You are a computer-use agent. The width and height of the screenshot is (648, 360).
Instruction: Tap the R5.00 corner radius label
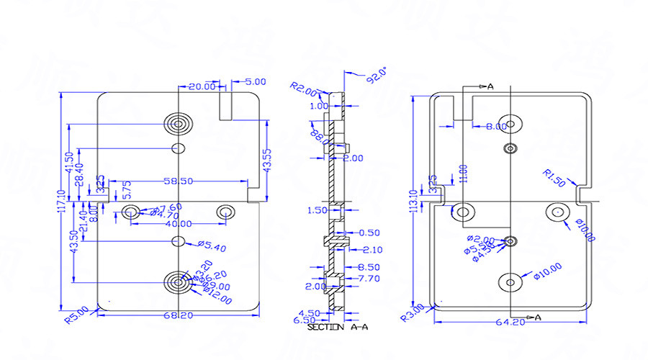pyautogui.click(x=78, y=314)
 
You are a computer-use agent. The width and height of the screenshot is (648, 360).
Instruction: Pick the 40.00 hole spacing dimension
pyautogui.click(x=178, y=224)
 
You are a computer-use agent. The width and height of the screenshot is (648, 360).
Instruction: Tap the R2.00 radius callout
pyautogui.click(x=303, y=90)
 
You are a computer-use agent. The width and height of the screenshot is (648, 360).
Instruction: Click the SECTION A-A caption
pyautogui.click(x=338, y=328)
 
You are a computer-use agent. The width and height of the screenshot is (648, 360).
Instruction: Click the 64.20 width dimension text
pyautogui.click(x=510, y=323)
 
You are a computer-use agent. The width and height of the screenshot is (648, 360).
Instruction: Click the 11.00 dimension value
pyautogui.click(x=464, y=173)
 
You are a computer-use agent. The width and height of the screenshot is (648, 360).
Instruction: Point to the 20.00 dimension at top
pyautogui.click(x=202, y=86)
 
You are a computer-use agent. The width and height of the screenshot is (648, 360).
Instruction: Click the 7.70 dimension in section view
pyautogui.click(x=369, y=278)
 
